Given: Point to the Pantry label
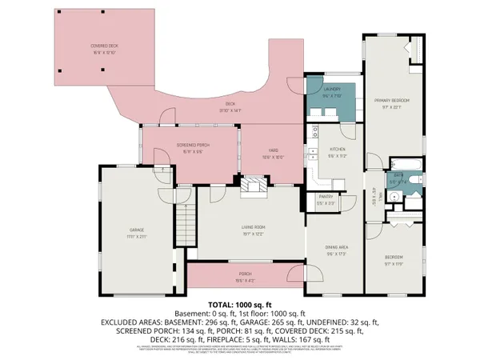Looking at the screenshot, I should tap(326, 202).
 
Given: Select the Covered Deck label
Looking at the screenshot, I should tap(103, 50).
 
